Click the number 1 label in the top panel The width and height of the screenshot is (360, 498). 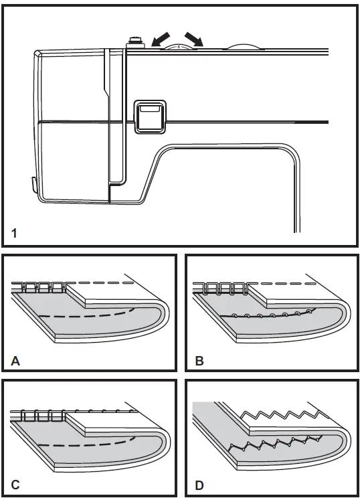click(x=15, y=234)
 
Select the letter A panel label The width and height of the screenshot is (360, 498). click(x=15, y=362)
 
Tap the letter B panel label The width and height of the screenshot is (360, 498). click(x=198, y=362)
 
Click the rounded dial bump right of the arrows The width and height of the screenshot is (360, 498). click(x=242, y=47)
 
